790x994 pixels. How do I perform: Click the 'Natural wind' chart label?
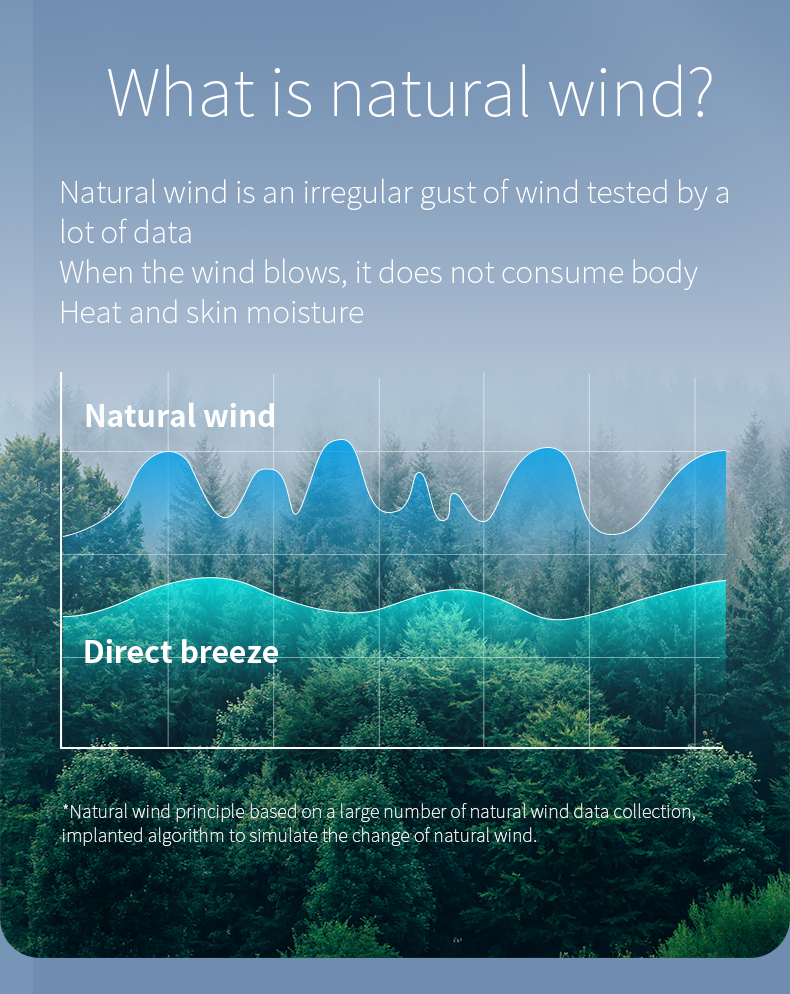pos(180,416)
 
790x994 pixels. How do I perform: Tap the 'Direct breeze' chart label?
pos(181,652)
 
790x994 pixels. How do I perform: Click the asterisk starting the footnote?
pos(65,808)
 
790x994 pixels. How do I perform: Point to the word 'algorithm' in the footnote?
pos(186,836)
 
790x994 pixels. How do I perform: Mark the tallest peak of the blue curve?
pos(341,439)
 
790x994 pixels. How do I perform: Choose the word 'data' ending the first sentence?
pos(162,233)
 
